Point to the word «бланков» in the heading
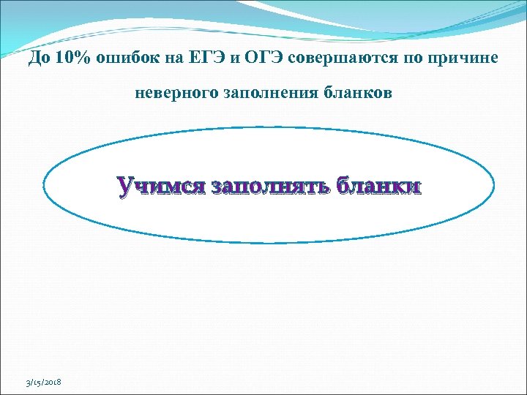click(358, 94)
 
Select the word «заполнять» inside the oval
click(271, 187)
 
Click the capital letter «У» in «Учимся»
click(125, 187)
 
